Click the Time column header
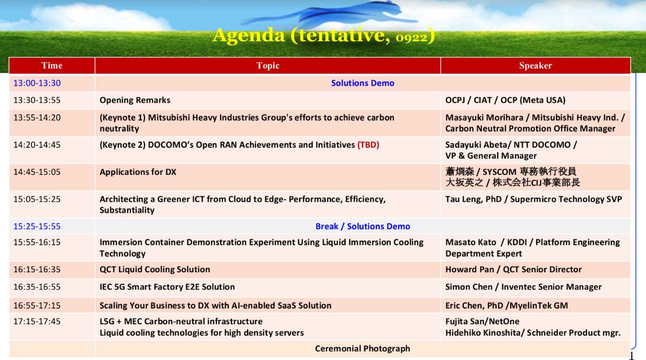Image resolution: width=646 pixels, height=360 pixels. click(x=52, y=66)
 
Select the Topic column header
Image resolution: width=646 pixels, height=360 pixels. click(x=268, y=66)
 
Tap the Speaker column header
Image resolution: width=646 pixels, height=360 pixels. click(x=535, y=66)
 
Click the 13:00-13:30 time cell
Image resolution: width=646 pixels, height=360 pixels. click(x=37, y=83)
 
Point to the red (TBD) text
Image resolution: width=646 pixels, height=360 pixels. click(x=368, y=145)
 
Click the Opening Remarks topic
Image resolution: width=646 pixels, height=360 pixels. click(x=135, y=100)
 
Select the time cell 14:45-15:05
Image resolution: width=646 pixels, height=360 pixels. click(x=37, y=172)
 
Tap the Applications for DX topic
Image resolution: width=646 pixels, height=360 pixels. click(x=138, y=172)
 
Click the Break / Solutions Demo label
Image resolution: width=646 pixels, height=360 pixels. click(x=362, y=226)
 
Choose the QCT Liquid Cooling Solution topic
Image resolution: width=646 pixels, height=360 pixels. click(x=155, y=269)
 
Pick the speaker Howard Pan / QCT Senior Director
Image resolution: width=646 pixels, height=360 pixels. click(x=513, y=269)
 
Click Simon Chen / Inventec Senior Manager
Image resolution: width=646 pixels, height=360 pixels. click(x=523, y=286)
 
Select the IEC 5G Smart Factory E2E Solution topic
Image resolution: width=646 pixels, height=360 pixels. click(x=167, y=286)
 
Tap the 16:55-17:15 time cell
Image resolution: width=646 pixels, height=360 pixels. click(x=37, y=305)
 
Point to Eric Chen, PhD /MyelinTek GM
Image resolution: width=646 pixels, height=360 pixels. click(x=506, y=305)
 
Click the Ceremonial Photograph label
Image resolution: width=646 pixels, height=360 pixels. click(x=362, y=349)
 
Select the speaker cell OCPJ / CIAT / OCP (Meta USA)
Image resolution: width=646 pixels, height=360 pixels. click(x=505, y=100)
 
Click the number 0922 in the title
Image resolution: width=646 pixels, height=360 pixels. click(x=412, y=38)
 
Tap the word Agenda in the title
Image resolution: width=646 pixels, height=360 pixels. click(x=249, y=36)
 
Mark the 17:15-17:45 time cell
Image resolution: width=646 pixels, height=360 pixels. click(x=37, y=321)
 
